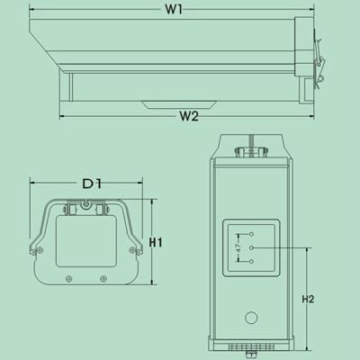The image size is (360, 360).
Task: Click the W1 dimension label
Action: point(174,10)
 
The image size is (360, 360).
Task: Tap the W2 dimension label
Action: point(189,116)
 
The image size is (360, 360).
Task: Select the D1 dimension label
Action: point(92,184)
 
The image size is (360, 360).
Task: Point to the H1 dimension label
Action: point(156,242)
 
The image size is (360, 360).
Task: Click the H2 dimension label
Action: point(308,299)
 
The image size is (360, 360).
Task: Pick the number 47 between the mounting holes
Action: point(238,247)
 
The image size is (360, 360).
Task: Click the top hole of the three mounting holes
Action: point(252,234)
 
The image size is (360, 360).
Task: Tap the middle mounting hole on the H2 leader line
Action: point(252,247)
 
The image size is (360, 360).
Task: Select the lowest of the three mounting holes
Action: point(252,262)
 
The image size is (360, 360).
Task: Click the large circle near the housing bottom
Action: point(251,318)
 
